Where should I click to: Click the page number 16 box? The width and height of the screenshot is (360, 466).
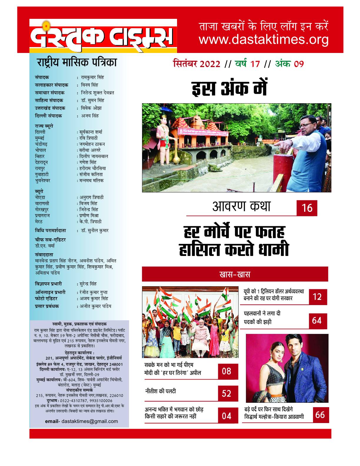click(307, 208)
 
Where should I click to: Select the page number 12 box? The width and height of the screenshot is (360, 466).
click(317, 297)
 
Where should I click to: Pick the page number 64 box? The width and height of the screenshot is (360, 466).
click(317, 320)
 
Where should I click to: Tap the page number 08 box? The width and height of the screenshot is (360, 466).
click(226, 371)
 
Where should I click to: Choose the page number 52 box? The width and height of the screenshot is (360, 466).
click(226, 393)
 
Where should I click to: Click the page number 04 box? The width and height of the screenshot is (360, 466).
click(226, 416)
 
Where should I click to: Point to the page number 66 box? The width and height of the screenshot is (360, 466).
click(320, 415)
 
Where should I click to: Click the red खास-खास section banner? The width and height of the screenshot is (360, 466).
click(235, 274)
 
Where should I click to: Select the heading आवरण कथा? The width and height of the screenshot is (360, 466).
click(241, 207)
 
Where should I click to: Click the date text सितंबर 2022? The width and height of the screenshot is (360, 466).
click(196, 64)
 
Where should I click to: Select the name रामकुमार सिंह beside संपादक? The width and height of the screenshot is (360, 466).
click(92, 77)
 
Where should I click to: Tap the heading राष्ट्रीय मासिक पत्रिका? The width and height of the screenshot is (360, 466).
click(76, 63)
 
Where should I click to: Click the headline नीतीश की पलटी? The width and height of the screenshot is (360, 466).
click(160, 392)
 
